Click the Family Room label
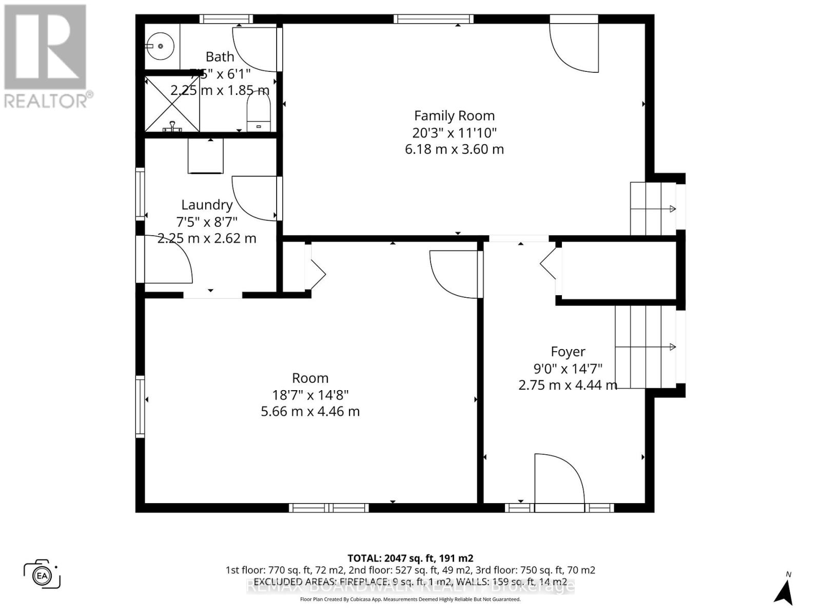click(454, 116)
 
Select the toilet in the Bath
click(259, 113)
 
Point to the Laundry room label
click(207, 205)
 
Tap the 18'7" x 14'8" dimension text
click(310, 395)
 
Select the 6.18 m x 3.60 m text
click(454, 149)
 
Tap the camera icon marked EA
click(42, 574)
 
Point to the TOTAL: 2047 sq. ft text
click(410, 558)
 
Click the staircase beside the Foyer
click(646, 347)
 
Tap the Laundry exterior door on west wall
click(167, 259)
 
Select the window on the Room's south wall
click(328, 508)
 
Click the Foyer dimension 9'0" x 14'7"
click(568, 369)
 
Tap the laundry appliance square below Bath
click(206, 156)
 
